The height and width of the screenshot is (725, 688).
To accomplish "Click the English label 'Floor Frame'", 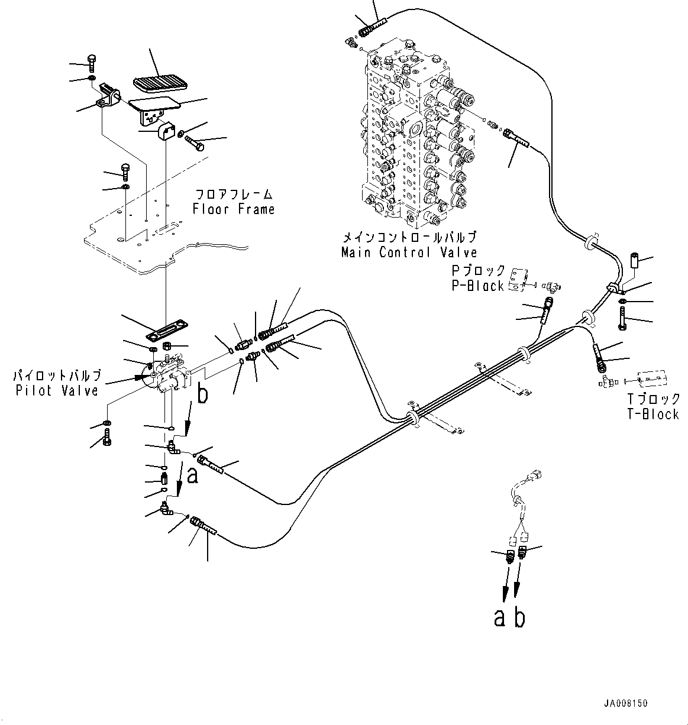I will click(x=234, y=209).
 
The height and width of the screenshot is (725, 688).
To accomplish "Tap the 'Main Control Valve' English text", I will click(x=409, y=253).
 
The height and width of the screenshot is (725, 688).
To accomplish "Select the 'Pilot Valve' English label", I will click(x=57, y=390).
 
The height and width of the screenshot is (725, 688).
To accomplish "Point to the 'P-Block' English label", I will click(x=477, y=286).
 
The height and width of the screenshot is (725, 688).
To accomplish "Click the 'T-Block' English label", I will click(x=653, y=414).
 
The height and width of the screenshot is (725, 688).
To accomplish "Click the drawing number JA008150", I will click(x=626, y=704).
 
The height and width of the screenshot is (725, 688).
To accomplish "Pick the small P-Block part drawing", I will click(x=519, y=278).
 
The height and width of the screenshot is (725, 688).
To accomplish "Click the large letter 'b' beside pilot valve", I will click(x=202, y=395).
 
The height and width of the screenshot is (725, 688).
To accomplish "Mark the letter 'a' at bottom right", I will click(x=500, y=618).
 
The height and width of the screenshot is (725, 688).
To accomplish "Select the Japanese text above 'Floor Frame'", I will click(x=234, y=194).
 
